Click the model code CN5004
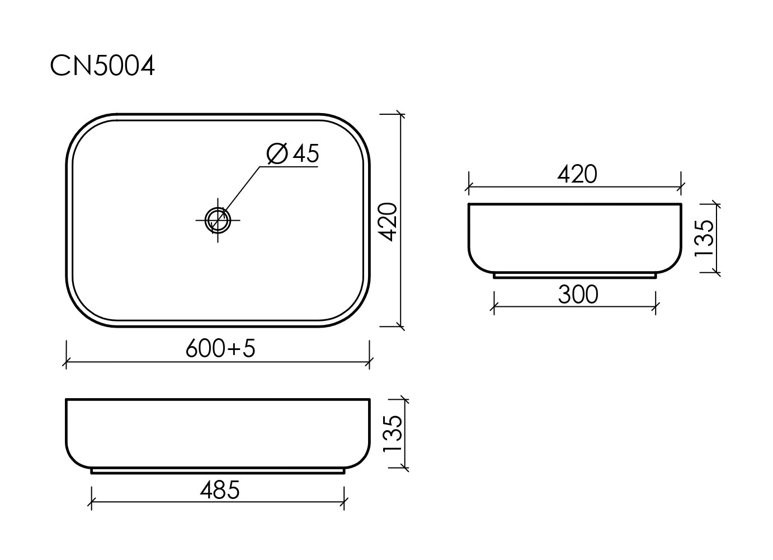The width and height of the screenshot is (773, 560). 102,67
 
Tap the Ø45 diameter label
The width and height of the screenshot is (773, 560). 293,154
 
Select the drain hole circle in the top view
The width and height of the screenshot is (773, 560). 218,219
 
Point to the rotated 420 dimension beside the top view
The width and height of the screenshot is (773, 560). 389,222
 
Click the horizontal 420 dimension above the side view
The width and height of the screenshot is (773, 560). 577,175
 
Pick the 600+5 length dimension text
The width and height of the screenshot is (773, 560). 220,349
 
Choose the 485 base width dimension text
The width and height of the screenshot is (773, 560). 219,491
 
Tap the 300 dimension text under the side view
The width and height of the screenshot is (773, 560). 578,295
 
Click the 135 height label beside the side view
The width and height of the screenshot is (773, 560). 704,238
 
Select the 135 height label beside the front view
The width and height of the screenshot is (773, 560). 392,434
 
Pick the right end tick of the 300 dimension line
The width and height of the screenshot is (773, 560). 656,306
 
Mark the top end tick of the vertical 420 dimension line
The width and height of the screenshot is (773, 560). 400,115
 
